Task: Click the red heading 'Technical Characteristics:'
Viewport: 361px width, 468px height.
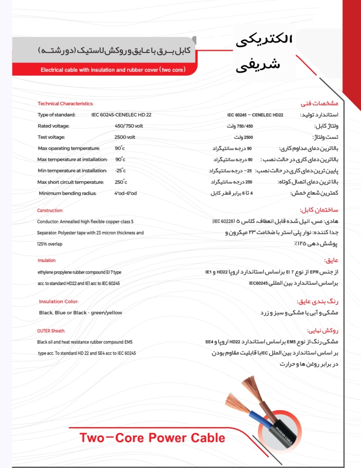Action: click(x=65, y=104)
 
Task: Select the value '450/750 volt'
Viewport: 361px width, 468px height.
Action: click(x=129, y=126)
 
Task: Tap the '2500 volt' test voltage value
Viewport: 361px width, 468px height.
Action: click(x=125, y=137)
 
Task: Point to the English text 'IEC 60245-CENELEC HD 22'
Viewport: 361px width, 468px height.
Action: click(x=121, y=115)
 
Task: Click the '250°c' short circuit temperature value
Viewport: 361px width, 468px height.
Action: click(x=121, y=182)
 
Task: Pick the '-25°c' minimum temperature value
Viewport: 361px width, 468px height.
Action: click(x=120, y=171)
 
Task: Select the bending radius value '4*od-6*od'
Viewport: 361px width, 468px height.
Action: click(x=125, y=193)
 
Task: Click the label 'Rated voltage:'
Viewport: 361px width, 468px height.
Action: click(x=54, y=126)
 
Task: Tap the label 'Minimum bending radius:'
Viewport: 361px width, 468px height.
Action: click(x=68, y=193)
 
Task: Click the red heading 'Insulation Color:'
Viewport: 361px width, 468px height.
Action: click(x=59, y=302)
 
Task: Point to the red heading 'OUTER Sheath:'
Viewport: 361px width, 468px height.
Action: click(x=51, y=331)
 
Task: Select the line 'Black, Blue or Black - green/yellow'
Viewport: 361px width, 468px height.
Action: click(x=80, y=313)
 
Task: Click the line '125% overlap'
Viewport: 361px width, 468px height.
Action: click(x=50, y=244)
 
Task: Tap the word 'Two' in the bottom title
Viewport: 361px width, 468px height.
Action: click(x=92, y=438)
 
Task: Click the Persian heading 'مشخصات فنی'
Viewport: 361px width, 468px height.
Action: click(x=319, y=103)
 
